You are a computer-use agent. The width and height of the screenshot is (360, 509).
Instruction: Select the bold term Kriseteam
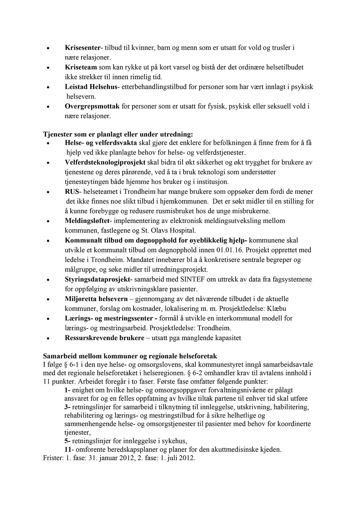pos(81,67)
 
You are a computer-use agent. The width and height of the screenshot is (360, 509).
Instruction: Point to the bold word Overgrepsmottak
pos(92,106)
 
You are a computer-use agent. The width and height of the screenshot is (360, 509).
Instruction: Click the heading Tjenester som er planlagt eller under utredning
pos(118,135)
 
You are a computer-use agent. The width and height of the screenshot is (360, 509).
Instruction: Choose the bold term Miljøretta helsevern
pos(96,299)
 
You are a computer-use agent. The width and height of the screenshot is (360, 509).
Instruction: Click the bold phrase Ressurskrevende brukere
pos(105,338)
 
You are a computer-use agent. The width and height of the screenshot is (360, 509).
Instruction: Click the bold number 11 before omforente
pos(68,449)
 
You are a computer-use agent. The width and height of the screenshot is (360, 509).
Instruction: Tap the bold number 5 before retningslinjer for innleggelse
pos(66,441)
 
